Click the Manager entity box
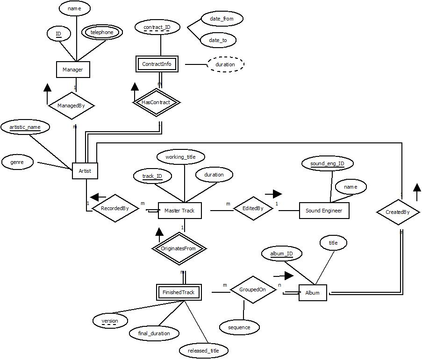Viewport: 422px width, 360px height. tap(72, 70)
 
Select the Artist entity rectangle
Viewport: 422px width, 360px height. tap(85, 171)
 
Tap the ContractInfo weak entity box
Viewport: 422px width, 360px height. tap(157, 64)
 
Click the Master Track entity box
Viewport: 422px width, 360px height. tap(179, 211)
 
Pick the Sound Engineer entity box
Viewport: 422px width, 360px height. tap(323, 211)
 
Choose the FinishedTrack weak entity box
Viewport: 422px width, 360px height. tap(178, 292)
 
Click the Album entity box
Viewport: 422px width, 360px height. tap(312, 293)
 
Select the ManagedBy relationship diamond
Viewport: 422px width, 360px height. tap(71, 106)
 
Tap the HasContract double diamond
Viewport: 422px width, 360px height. tap(156, 102)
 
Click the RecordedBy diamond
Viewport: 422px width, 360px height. tap(115, 208)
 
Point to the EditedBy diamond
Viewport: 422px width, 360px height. tap(253, 208)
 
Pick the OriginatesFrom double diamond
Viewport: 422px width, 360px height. tap(179, 248)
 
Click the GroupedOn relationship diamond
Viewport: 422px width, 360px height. tap(252, 289)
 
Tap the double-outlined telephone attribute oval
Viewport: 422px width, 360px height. tap(102, 32)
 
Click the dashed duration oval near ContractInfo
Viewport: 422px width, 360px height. tap(225, 64)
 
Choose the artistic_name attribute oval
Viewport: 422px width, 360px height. tap(25, 127)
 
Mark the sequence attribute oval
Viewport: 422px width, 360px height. tap(239, 327)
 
